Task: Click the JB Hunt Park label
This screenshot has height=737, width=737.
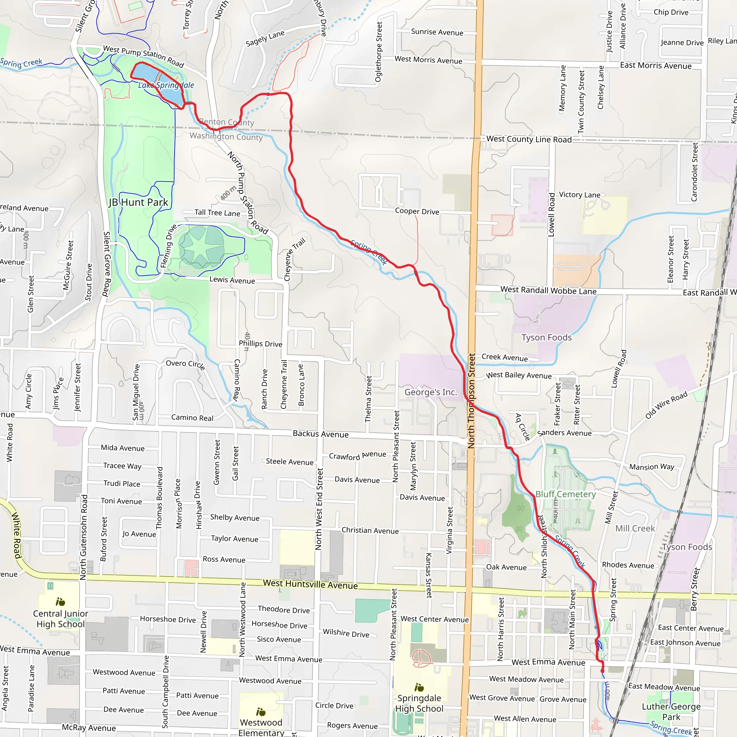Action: tap(139, 202)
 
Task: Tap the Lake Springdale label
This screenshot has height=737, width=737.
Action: tap(166, 85)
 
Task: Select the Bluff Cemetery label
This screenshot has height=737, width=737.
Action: tap(565, 494)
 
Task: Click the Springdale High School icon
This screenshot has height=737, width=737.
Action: tap(419, 687)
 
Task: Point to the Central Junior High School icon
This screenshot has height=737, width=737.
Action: tap(60, 602)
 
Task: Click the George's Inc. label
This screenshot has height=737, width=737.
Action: tap(430, 392)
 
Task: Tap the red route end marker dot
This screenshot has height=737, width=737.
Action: tap(602, 671)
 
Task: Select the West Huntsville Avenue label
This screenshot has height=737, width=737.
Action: tap(310, 584)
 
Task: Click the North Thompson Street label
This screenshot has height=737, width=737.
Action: tap(472, 401)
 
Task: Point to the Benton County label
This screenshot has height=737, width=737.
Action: tap(226, 122)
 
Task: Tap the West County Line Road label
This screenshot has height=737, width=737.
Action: tap(529, 139)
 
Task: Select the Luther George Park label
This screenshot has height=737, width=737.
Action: tap(671, 711)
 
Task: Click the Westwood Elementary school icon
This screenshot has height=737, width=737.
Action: tap(261, 712)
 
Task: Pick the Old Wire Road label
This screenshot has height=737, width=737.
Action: tap(666, 405)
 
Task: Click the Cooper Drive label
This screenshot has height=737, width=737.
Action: tap(417, 211)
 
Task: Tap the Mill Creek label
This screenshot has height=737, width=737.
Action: tap(635, 528)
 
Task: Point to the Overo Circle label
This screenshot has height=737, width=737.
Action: tap(186, 364)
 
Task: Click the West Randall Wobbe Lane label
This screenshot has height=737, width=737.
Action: tap(548, 290)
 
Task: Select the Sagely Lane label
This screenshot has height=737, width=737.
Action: tap(265, 39)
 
